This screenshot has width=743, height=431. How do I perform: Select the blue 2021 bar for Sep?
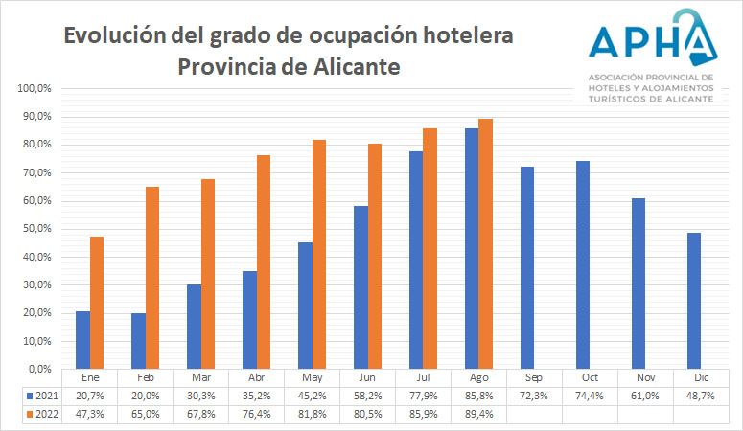point(526,267)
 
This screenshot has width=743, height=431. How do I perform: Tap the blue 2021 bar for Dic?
point(693,301)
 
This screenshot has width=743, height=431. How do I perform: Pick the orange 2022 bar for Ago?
point(485,243)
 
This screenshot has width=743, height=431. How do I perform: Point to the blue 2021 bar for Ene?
point(82,339)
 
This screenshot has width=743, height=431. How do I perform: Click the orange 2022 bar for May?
point(318,254)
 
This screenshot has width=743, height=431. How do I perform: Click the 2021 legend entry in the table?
point(42,395)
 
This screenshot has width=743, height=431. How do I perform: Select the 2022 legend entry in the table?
point(42,413)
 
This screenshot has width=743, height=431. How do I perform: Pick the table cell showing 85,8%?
point(478,395)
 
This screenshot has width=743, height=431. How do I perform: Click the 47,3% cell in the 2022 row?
point(89,413)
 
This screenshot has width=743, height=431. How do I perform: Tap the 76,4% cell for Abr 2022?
point(256,413)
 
